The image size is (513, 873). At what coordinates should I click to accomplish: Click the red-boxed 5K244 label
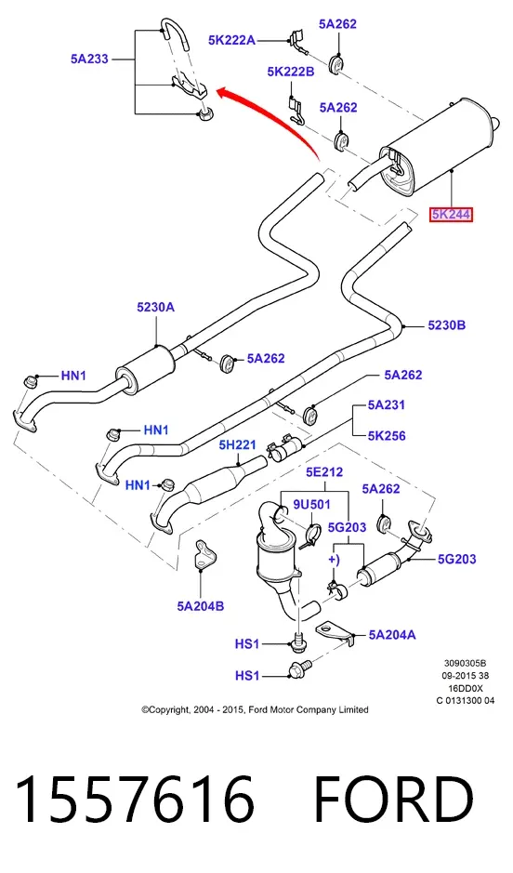point(451,214)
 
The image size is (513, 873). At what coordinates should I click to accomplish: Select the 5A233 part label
point(89,59)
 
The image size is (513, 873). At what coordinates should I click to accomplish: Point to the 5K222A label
point(232,40)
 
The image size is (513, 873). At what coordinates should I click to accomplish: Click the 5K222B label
point(291,72)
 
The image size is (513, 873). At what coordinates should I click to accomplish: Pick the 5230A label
point(156,307)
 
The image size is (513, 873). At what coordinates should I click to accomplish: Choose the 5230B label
point(447,325)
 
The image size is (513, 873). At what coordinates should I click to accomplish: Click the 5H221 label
point(238,444)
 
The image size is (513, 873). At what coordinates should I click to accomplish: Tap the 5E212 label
point(324,472)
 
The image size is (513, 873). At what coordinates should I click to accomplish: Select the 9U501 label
point(311,504)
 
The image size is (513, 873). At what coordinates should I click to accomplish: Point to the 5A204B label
point(201,606)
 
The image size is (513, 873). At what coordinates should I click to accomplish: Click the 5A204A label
point(391,635)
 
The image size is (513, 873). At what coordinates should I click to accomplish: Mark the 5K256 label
point(387,435)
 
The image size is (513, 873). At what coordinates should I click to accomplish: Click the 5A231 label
point(386,404)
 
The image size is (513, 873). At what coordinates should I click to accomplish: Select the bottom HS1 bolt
point(299,668)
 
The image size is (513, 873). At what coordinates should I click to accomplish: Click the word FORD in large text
point(393,800)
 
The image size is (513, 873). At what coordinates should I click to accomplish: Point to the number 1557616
point(136,800)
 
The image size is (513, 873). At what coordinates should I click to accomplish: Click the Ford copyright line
point(255,709)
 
